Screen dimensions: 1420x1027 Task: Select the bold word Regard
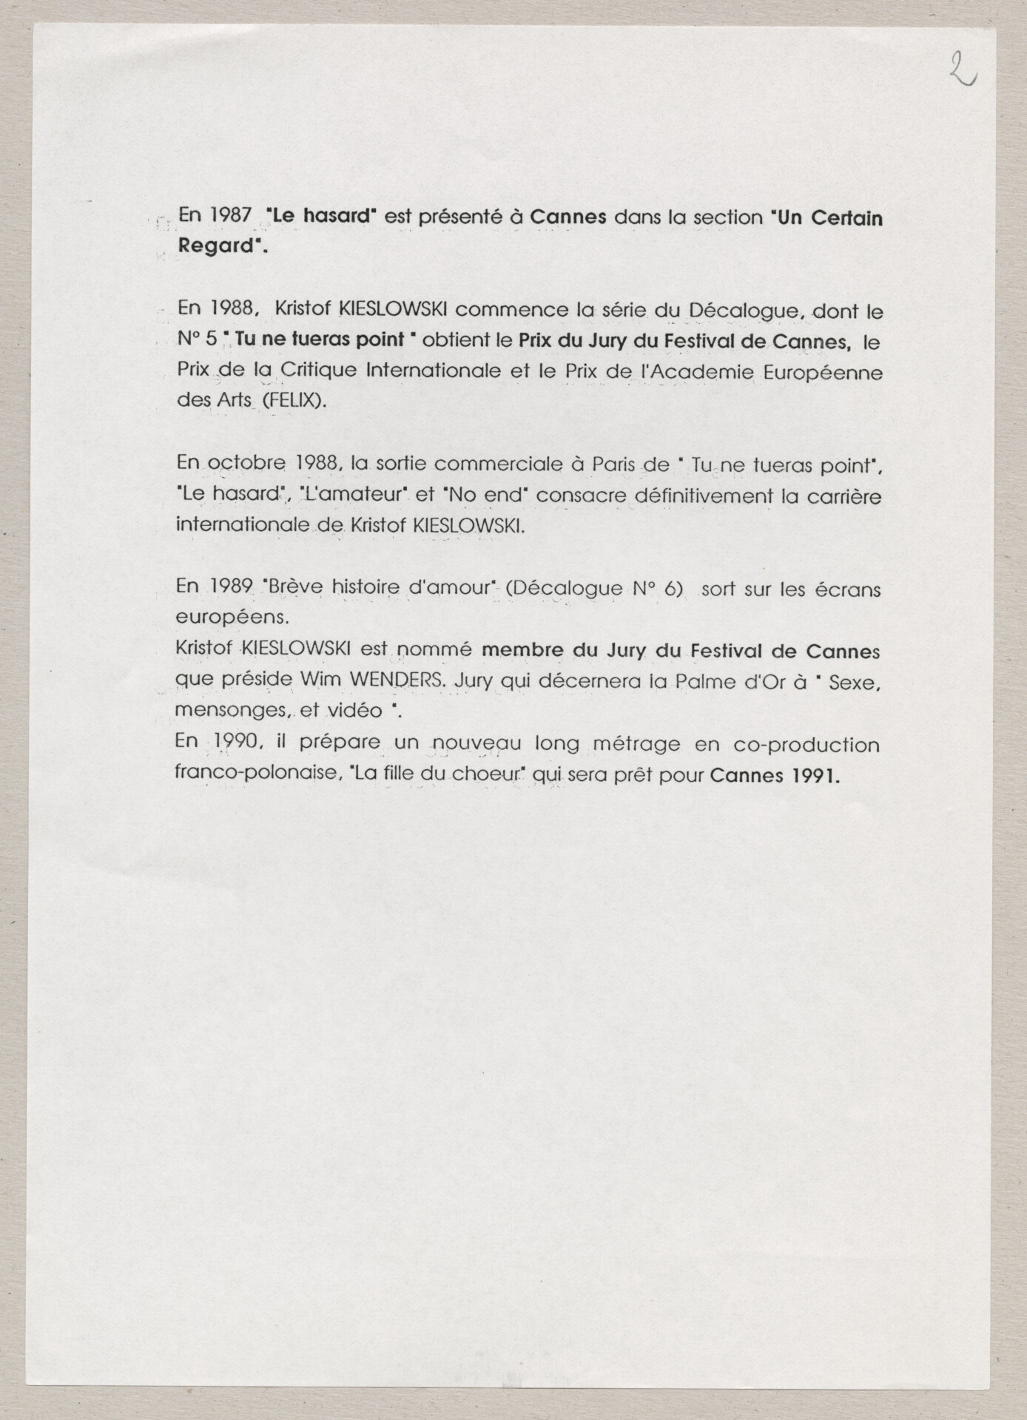[x=216, y=246]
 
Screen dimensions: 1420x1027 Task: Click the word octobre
[x=246, y=464]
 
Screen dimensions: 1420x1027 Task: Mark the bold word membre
[x=523, y=651]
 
